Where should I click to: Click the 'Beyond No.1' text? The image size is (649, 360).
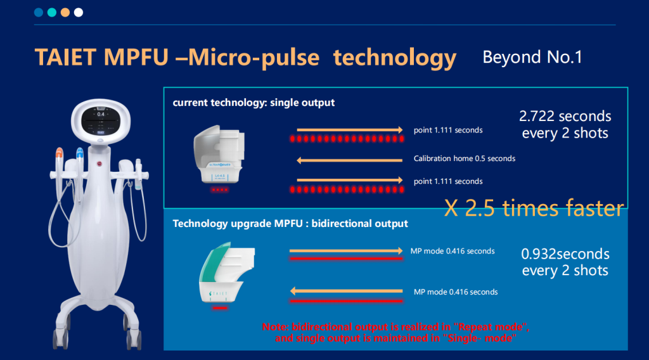(x=532, y=57)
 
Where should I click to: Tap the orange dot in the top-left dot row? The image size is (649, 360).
(x=65, y=12)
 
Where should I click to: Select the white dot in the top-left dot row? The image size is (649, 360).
(x=78, y=12)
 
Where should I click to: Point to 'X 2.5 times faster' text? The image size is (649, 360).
(x=534, y=209)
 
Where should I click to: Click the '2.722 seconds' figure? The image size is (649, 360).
(x=565, y=116)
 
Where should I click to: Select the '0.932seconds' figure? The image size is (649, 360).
(x=565, y=254)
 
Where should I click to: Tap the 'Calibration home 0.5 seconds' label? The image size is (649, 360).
(x=464, y=158)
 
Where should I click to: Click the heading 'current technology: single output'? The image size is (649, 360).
(x=254, y=103)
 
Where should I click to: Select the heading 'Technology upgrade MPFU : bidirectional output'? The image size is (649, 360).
(x=290, y=224)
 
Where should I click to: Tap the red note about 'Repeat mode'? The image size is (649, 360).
(x=395, y=333)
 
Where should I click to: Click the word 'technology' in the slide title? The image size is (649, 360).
(x=395, y=58)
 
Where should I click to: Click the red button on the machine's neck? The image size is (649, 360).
(x=100, y=164)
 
